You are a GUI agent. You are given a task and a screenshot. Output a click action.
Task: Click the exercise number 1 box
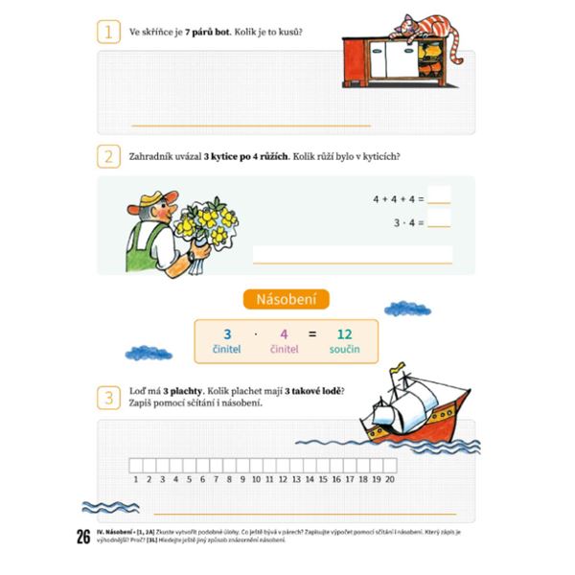click(x=109, y=33)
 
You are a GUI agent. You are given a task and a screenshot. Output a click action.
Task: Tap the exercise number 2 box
click(x=109, y=157)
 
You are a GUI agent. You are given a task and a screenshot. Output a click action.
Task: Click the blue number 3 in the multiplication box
click(x=227, y=334)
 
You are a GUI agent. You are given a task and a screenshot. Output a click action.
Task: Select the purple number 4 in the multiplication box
click(x=284, y=334)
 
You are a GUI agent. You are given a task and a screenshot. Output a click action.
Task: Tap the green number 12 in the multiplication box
click(x=344, y=334)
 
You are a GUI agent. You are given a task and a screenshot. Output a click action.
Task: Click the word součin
click(x=344, y=351)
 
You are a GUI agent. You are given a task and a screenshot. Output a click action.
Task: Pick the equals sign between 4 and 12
click(x=312, y=334)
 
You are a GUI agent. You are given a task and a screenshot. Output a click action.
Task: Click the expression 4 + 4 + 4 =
click(x=397, y=199)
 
